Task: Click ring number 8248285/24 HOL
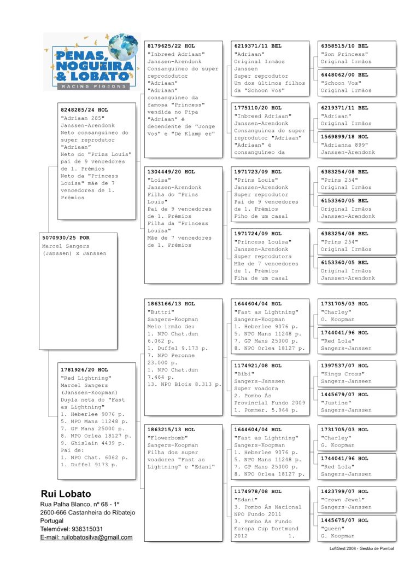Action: coord(84,110)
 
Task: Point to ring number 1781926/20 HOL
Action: coord(84,370)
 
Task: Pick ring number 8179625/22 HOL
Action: coord(171,47)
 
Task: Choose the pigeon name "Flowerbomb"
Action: coord(167,437)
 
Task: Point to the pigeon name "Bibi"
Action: coord(244,373)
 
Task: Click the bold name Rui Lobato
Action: coord(66,494)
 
